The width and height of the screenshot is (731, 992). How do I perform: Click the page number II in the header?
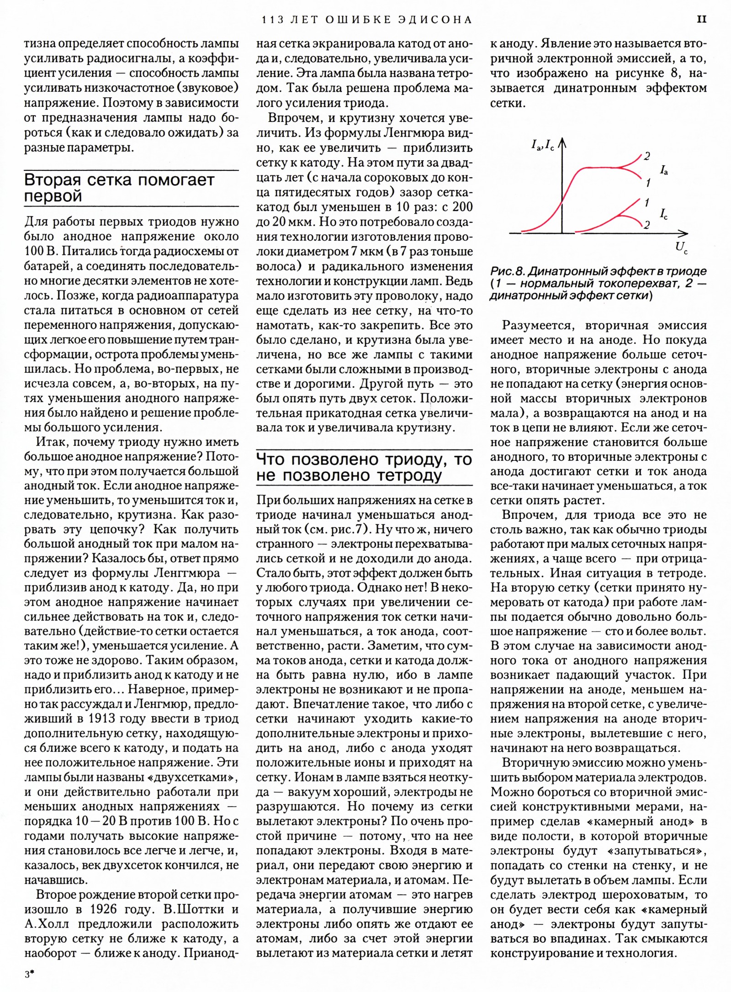702,19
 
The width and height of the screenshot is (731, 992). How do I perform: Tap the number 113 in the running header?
272,20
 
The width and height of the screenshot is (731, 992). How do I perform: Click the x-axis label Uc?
681,248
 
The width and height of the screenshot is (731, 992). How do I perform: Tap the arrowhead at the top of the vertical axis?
562,143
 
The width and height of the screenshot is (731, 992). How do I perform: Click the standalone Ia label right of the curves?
664,171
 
